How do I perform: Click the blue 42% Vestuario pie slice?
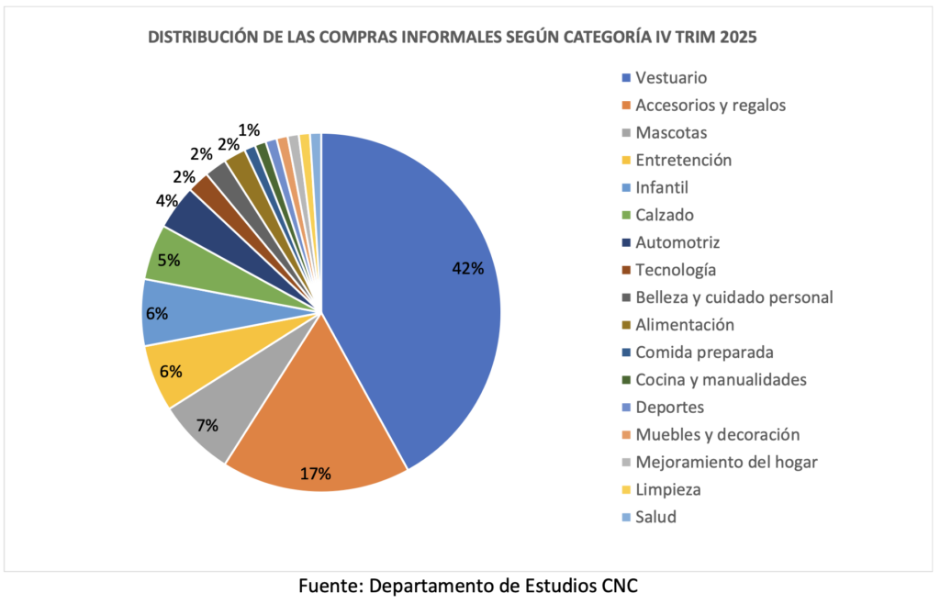413,294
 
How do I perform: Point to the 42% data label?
467,269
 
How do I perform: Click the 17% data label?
315,474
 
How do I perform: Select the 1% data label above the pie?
248,130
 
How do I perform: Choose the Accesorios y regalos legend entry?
710,105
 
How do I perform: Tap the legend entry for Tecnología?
675,270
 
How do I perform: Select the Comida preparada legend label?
704,352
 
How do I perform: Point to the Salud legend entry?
655,517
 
